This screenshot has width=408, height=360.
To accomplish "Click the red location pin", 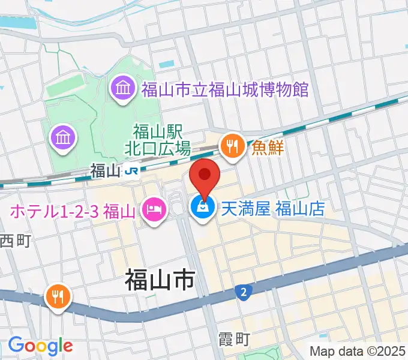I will click(x=205, y=175).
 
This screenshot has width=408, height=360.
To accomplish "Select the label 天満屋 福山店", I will click(x=273, y=208).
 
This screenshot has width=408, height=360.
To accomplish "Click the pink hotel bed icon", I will click(x=154, y=210).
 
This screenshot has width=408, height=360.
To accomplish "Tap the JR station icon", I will click(x=132, y=172).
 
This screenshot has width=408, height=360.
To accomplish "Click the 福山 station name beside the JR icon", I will click(x=106, y=171).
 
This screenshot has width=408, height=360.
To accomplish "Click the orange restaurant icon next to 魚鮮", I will click(x=232, y=146).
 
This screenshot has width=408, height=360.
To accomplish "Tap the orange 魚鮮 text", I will click(x=267, y=146).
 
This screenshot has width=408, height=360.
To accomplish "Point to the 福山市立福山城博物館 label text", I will click(x=224, y=90).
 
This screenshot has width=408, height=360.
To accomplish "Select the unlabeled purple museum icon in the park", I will click(x=64, y=138).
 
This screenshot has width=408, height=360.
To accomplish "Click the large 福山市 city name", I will click(x=160, y=280).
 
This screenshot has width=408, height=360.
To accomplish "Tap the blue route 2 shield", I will click(x=242, y=292).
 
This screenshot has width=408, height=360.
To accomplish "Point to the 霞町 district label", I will click(x=233, y=340).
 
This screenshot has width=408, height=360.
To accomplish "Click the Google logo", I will click(x=40, y=346).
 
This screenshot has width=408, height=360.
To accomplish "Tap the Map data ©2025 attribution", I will click(x=358, y=350).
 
